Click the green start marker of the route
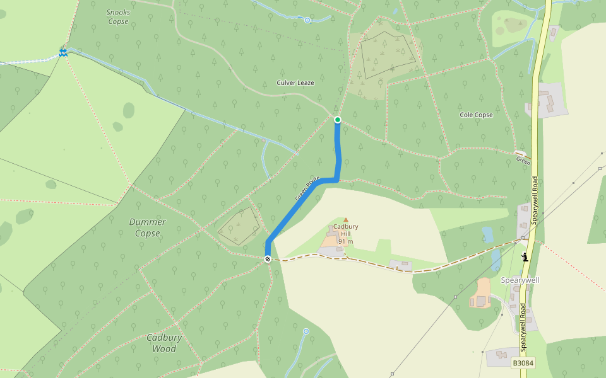click(x=338, y=120)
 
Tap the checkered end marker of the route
click(x=268, y=259)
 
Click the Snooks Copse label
click(x=117, y=17)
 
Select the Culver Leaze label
click(x=295, y=83)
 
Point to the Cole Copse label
click(x=476, y=115)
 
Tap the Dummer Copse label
click(x=148, y=227)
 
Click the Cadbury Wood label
click(x=164, y=343)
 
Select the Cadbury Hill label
click(x=345, y=230)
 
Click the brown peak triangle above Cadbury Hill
click(x=345, y=220)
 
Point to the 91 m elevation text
click(x=345, y=241)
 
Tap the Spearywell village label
click(x=520, y=280)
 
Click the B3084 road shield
click(x=522, y=364)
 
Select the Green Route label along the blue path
click(x=308, y=188)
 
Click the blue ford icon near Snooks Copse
click(x=62, y=52)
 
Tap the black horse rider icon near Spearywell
click(x=525, y=256)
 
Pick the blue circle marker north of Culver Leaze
click(x=307, y=20)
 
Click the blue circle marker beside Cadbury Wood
click(x=306, y=331)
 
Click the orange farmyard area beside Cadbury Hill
click(x=330, y=240)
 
